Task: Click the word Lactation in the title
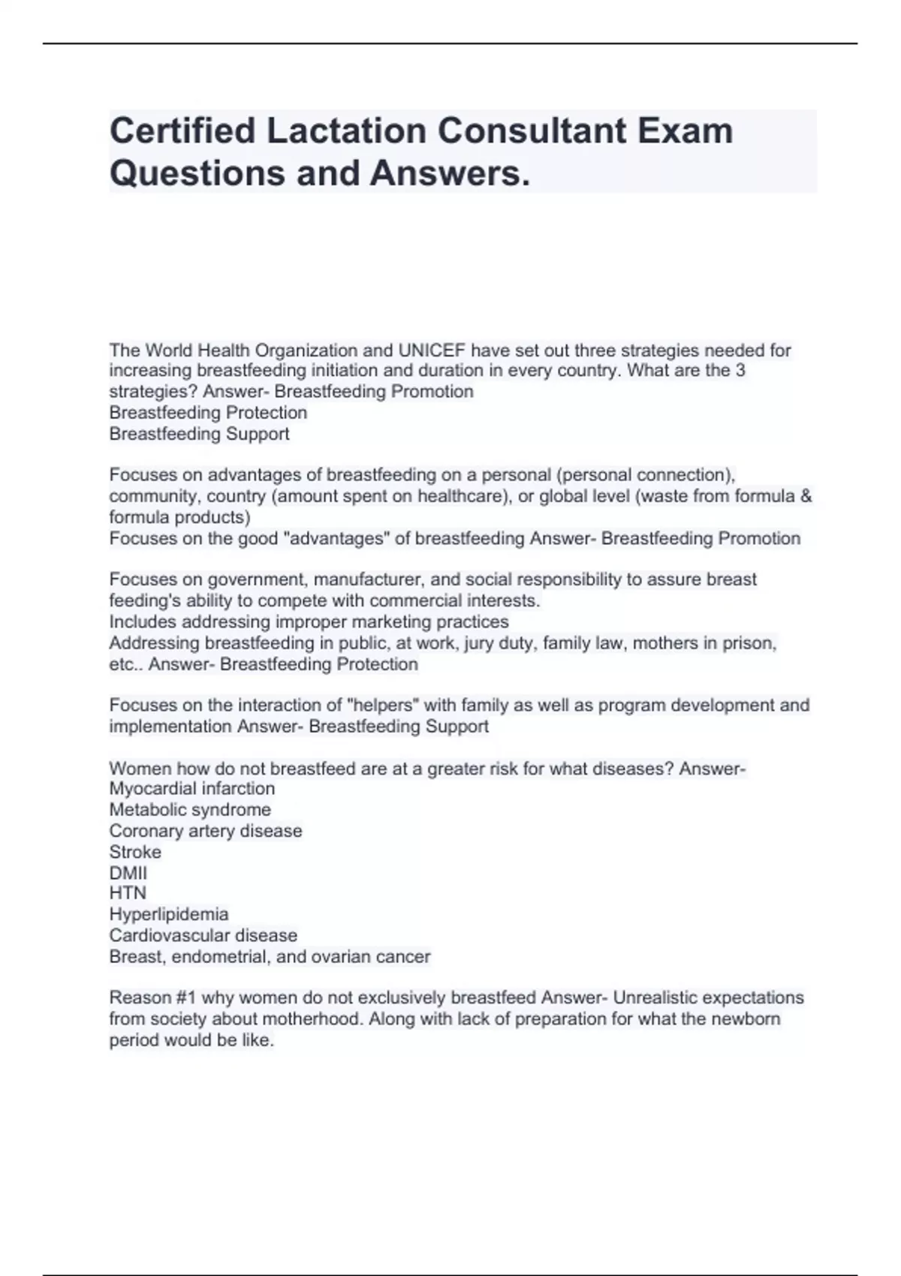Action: pos(346,131)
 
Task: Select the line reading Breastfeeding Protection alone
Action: pos(208,413)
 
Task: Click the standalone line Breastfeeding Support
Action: pos(199,434)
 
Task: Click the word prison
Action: pos(753,643)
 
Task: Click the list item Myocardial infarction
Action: pos(191,789)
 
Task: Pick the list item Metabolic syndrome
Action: pos(190,810)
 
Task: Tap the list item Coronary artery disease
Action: pos(205,831)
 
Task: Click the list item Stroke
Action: pos(135,852)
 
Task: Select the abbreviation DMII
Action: pos(128,873)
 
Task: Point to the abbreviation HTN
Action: pos(128,893)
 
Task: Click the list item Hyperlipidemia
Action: pos(169,914)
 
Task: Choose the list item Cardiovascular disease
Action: pos(203,935)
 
